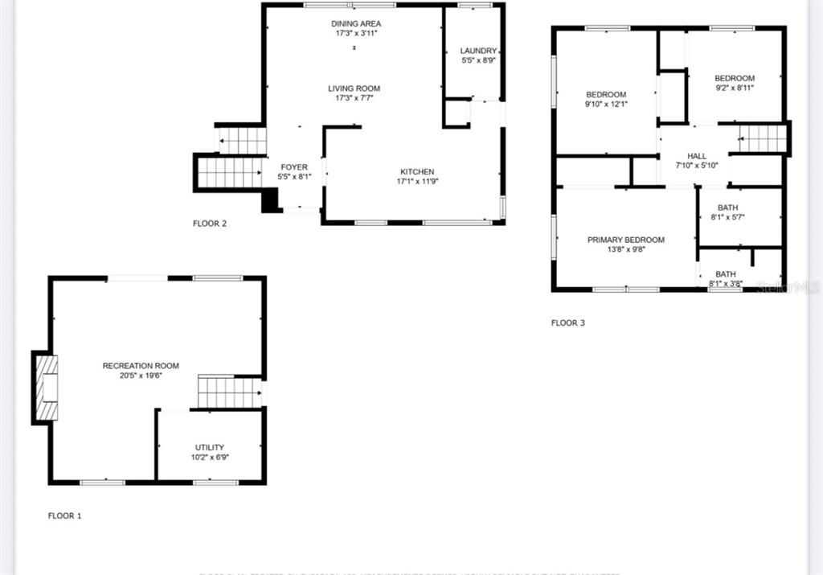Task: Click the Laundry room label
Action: click(x=478, y=51)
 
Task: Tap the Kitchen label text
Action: click(x=417, y=171)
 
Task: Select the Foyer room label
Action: click(x=293, y=167)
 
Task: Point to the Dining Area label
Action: click(x=356, y=24)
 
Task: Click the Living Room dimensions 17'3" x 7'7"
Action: click(x=354, y=98)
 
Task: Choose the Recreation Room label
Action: click(x=141, y=366)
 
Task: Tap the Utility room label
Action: click(x=210, y=447)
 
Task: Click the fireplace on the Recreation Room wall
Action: click(x=46, y=387)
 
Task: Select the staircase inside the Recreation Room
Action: click(x=229, y=392)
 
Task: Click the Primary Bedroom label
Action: click(x=625, y=240)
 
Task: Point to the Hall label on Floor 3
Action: click(x=696, y=156)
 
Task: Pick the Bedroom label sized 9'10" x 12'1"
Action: click(x=605, y=94)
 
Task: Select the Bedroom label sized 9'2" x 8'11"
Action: click(x=735, y=78)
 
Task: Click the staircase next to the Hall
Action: click(x=762, y=139)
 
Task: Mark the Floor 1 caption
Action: click(x=65, y=515)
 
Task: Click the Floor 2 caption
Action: click(x=210, y=224)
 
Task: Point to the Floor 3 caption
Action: click(x=568, y=323)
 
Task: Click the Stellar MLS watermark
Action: click(x=792, y=285)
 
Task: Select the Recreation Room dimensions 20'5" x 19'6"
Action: click(x=141, y=376)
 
